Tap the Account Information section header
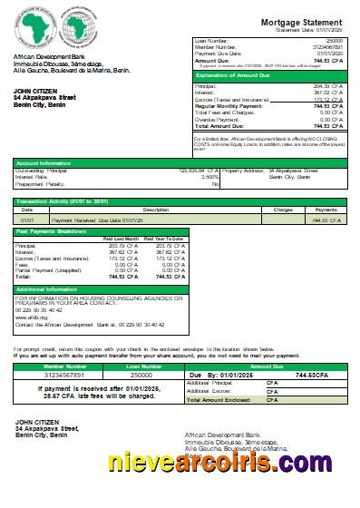point(42,162)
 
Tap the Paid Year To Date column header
point(165,239)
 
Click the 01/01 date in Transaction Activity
point(27,220)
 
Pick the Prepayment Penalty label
point(43,183)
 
